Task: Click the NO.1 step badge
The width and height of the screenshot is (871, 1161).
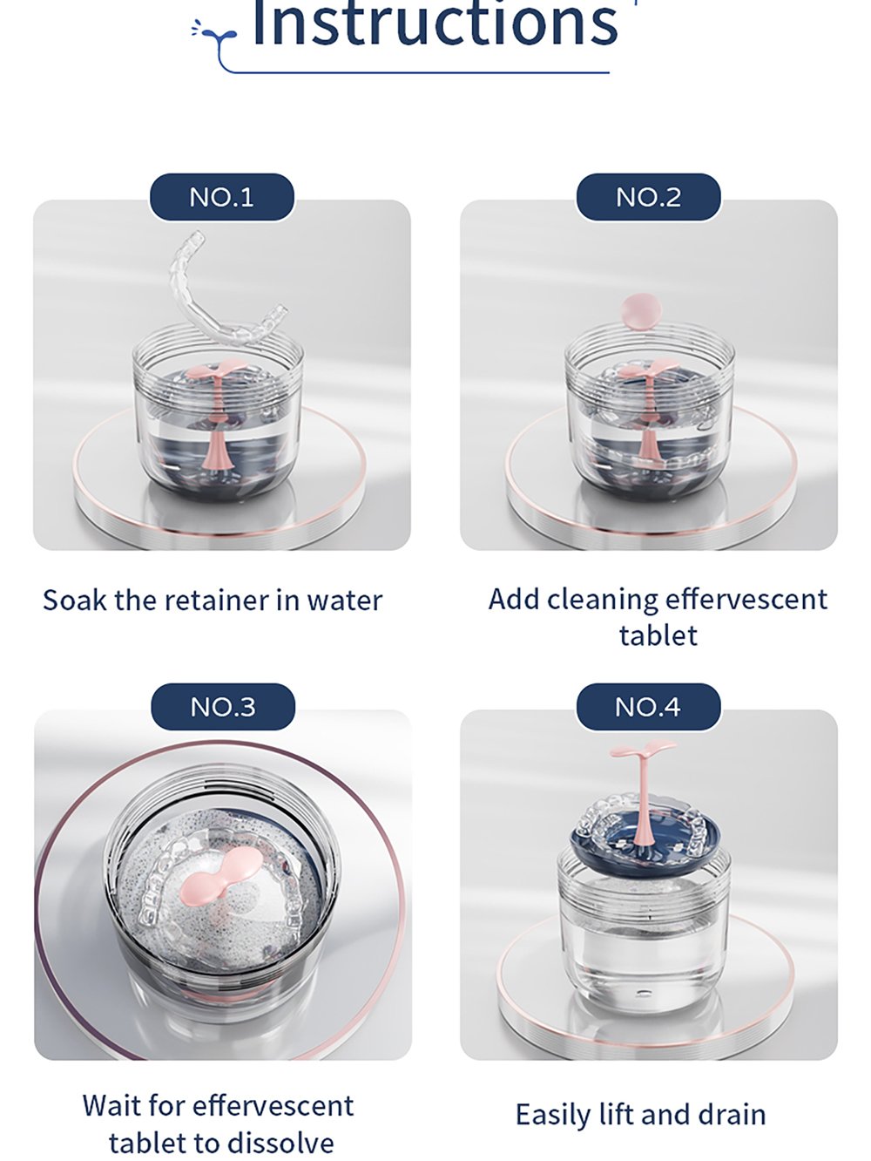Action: pos(221,197)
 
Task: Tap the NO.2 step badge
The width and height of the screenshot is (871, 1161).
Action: pos(648,197)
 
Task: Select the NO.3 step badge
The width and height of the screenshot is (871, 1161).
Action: pos(222,707)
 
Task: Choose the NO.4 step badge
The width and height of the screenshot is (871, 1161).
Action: pos(648,707)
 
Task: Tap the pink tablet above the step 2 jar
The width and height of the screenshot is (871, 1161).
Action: pos(640,311)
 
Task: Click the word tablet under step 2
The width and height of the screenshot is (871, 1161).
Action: pos(658,635)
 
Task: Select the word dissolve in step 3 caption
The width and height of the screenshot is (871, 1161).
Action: pos(285,1143)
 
